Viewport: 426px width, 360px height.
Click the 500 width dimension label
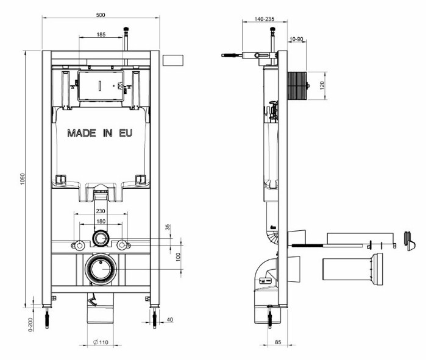101,15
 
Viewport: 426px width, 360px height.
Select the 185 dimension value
101,35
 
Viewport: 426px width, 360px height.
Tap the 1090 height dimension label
23,179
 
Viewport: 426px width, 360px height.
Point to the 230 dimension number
101,211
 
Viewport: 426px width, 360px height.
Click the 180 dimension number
101,221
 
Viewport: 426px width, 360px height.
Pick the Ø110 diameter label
101,342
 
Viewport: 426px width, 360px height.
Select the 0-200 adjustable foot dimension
30,325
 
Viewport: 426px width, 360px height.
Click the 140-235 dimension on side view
264,19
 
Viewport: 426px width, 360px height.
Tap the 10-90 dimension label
296,39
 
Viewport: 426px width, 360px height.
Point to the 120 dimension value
322,85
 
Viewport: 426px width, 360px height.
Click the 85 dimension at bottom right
278,342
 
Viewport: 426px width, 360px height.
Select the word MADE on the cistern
82,133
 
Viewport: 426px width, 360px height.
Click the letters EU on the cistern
126,133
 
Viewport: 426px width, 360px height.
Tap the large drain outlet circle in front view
101,269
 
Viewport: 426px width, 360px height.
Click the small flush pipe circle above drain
101,238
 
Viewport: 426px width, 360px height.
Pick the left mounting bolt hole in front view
79,245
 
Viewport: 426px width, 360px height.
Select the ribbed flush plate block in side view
297,86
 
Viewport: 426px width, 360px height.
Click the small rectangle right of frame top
173,60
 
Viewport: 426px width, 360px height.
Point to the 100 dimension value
178,257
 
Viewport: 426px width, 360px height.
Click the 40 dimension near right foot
170,320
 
